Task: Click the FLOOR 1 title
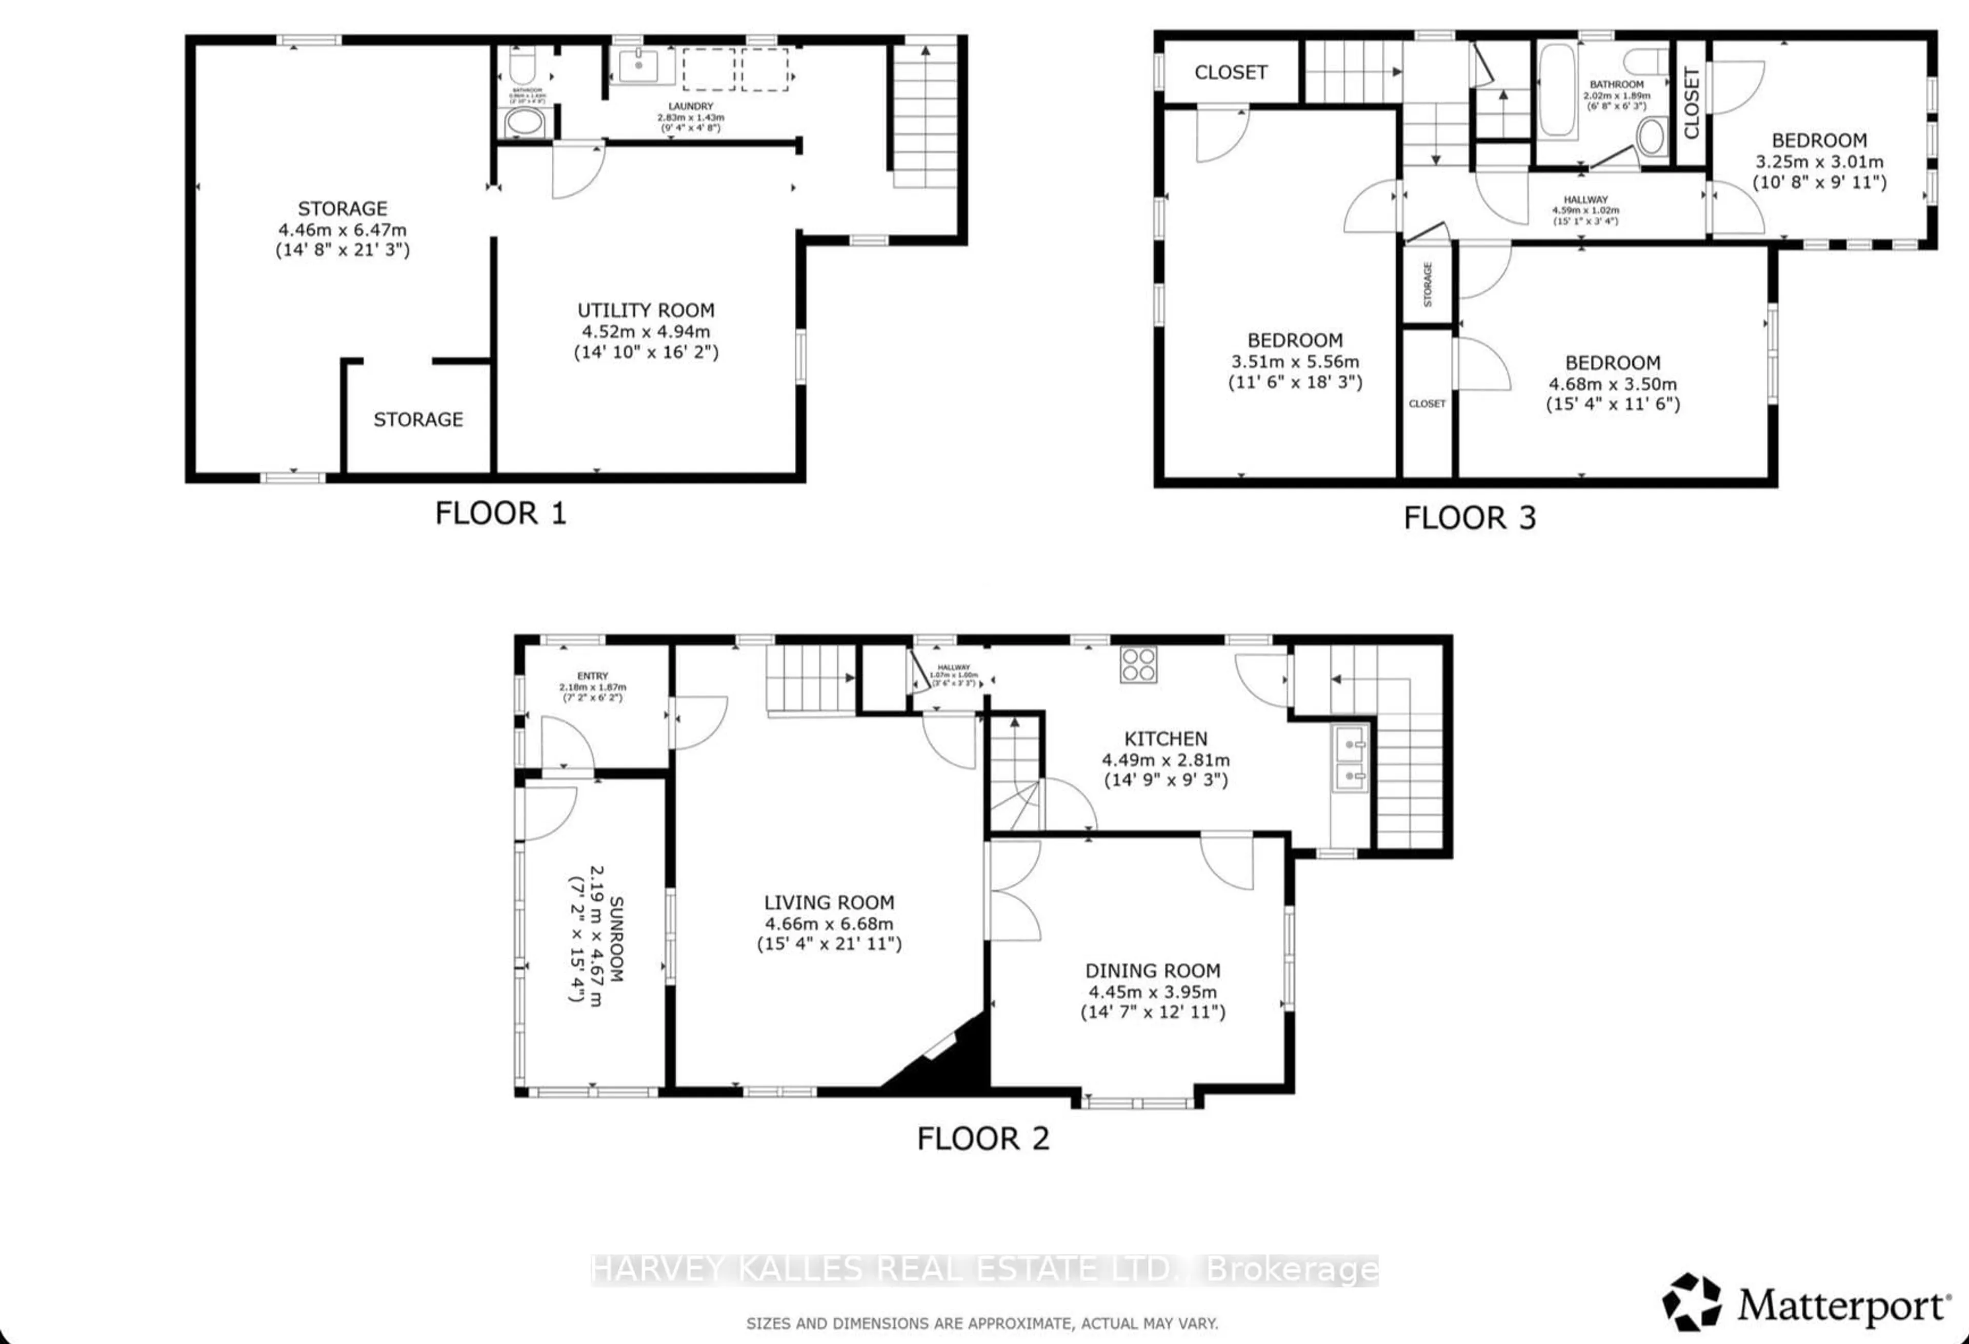500,513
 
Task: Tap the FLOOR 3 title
1469,518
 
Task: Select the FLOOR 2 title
983,1138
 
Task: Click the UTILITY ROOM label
646,311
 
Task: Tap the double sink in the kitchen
1349,758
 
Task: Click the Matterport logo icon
1691,1301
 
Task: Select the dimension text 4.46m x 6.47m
343,230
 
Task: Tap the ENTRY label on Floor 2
592,676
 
